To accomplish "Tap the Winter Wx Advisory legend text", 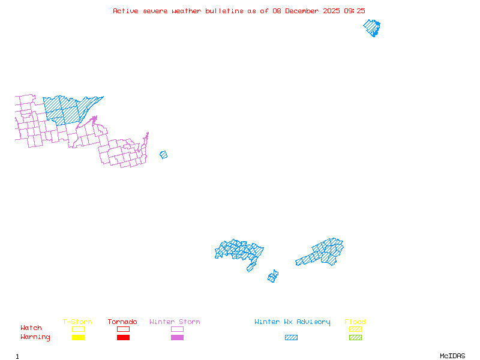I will [x=292, y=322].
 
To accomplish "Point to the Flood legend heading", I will [x=355, y=322].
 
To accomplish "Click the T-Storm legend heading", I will [x=77, y=322].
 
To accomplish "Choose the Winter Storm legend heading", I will [x=175, y=322].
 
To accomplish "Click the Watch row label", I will [x=31, y=328].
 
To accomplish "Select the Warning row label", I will [x=35, y=337].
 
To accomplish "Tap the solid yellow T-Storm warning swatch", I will [x=78, y=338].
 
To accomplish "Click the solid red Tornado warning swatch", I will [x=123, y=338].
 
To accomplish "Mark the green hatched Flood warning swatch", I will [x=355, y=338].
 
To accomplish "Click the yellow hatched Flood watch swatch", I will [x=355, y=329].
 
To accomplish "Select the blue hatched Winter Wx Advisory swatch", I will [x=291, y=338].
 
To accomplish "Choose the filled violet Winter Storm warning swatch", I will [x=177, y=338].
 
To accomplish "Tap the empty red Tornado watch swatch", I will [x=123, y=329].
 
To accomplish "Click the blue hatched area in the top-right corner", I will [x=373, y=28].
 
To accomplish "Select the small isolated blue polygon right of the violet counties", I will [x=163, y=155].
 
